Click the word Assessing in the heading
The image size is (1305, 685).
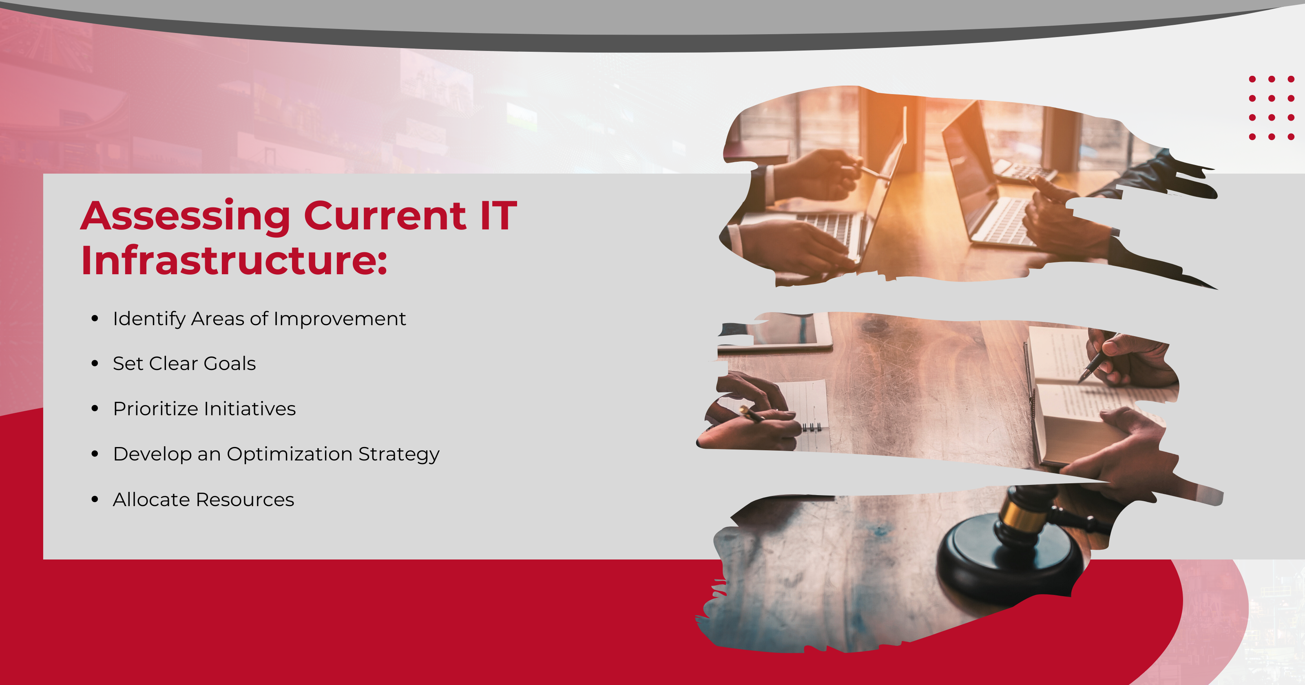click(x=186, y=217)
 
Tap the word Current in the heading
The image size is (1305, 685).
click(x=385, y=216)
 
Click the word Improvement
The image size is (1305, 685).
click(x=339, y=319)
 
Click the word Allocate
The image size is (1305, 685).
click(x=151, y=500)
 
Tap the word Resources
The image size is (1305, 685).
click(x=245, y=500)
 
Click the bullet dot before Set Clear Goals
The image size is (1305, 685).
click(x=95, y=363)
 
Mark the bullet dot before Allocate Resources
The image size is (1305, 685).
click(x=95, y=500)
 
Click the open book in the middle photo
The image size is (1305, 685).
click(x=1089, y=395)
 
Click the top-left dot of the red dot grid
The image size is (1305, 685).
click(x=1252, y=79)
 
